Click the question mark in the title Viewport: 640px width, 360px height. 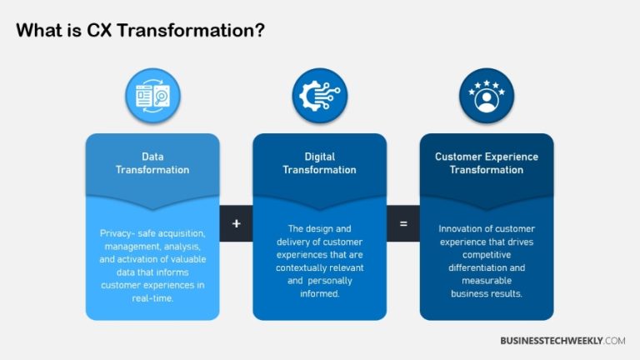click(x=261, y=32)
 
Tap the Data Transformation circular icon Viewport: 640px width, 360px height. click(x=152, y=95)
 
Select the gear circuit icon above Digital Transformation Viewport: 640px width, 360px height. click(x=319, y=95)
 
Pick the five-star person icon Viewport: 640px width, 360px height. click(x=486, y=95)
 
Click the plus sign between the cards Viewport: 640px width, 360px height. click(x=236, y=224)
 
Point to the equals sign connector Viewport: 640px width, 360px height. click(x=402, y=224)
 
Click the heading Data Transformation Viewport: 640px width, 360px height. click(x=152, y=162)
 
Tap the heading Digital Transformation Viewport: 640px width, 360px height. click(x=319, y=162)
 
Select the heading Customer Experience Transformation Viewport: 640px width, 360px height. click(x=486, y=162)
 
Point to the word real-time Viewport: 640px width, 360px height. click(x=152, y=298)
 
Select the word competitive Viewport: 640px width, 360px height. click(x=486, y=254)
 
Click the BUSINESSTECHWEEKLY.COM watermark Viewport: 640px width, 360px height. click(x=562, y=341)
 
